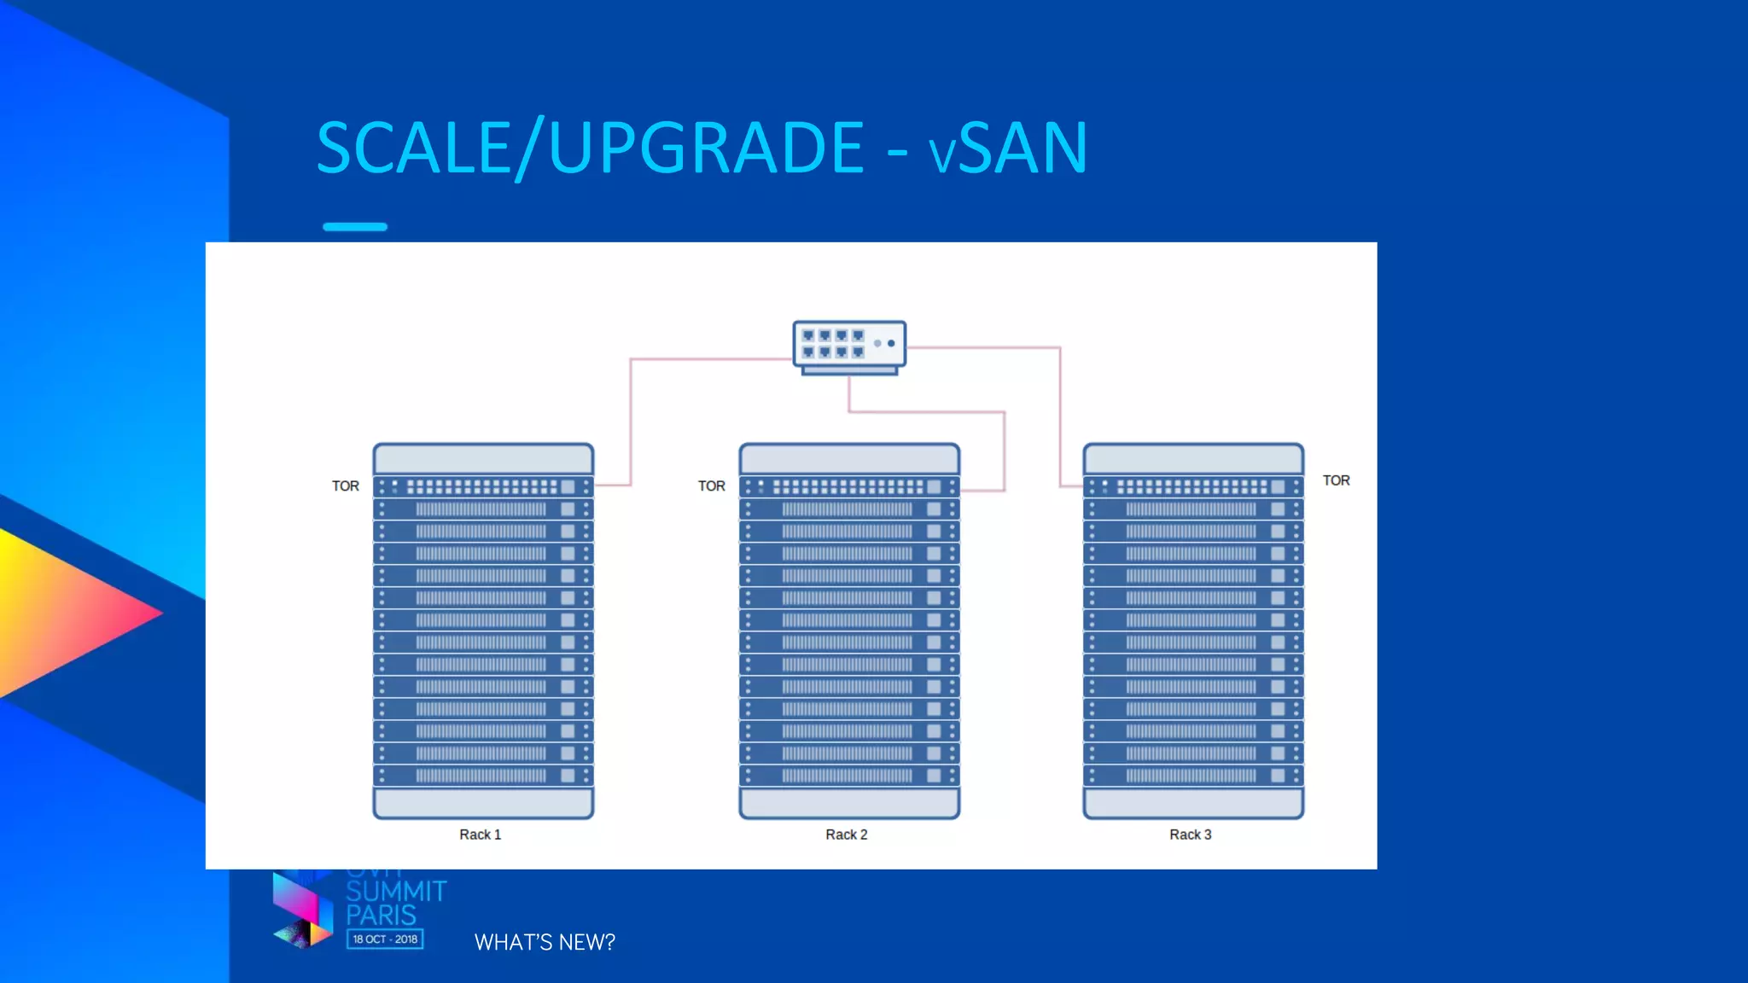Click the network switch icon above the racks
coord(848,346)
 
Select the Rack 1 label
coord(480,835)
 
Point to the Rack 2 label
coord(846,835)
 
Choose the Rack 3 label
coord(1190,835)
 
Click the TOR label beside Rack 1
coord(346,486)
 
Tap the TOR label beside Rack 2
coord(712,486)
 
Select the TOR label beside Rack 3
coord(1336,481)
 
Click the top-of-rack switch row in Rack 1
coord(483,487)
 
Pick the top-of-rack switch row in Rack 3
coord(1193,487)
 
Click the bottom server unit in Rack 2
coord(849,776)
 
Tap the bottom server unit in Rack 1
coord(483,776)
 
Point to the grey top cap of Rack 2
coord(849,459)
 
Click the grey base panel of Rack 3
coord(1193,803)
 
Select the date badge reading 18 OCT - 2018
coord(385,939)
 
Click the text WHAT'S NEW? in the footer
coord(545,942)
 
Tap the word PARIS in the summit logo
coord(381,916)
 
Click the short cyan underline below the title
coord(355,227)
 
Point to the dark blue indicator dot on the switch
coord(891,343)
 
